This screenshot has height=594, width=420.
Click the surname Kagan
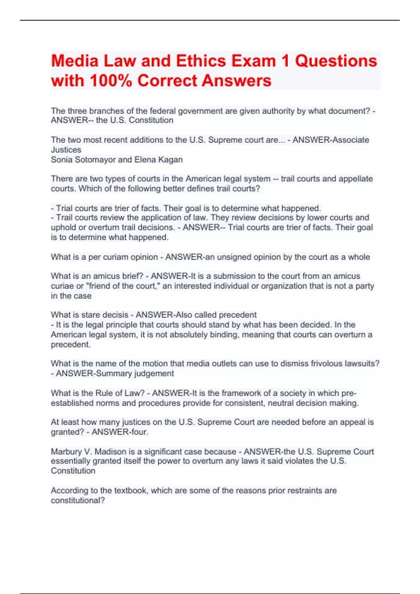170,160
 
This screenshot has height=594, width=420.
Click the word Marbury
66,452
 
